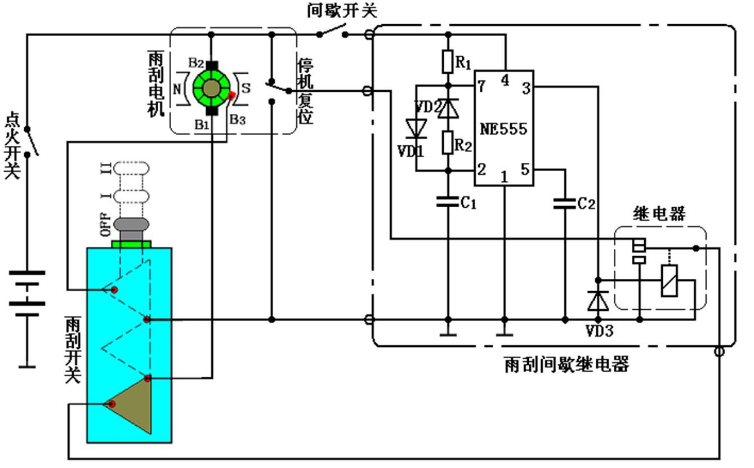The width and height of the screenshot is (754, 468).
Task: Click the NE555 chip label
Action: point(503,128)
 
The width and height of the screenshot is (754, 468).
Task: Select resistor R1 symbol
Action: point(448,61)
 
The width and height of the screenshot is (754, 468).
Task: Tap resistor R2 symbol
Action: point(448,143)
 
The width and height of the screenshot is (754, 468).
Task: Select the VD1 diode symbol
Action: point(416,128)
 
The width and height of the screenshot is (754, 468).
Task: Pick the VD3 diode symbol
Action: point(597,300)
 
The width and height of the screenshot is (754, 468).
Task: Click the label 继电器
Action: point(659,214)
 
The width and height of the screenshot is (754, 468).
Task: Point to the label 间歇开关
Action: point(342,10)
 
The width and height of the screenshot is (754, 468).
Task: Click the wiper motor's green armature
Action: point(212,88)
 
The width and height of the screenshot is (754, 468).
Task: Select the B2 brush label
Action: point(196,62)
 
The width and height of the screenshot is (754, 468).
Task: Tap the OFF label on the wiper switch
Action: point(104,225)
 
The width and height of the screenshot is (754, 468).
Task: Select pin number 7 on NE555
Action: point(481,86)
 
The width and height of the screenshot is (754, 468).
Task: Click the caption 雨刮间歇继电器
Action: point(566,364)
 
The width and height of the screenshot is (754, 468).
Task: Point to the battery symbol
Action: point(26,293)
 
